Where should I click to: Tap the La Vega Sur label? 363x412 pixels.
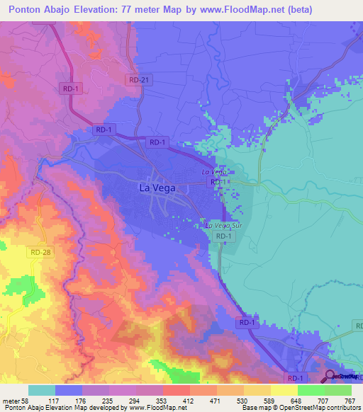tap(219, 225)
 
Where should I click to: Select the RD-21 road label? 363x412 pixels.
tap(139, 81)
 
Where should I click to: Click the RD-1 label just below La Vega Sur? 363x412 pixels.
tap(223, 236)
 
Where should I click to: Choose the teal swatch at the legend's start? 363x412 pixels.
tap(42, 390)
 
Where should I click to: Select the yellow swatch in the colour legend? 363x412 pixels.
tap(284, 390)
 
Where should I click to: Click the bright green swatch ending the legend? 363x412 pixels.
tap(338, 390)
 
